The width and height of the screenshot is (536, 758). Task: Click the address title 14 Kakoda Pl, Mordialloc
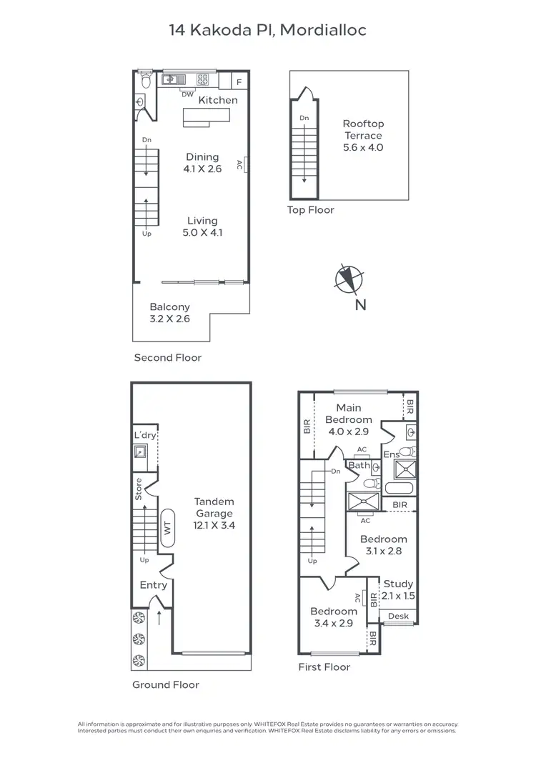tap(267, 30)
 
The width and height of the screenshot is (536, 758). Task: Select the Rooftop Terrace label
tap(363, 136)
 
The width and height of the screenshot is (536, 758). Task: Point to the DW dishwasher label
tap(187, 94)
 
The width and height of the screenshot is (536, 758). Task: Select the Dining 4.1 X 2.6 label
tap(202, 163)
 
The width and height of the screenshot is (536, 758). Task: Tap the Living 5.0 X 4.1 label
tap(202, 226)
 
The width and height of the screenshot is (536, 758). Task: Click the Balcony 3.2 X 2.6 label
tap(169, 313)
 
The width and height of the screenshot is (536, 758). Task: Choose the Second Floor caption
tap(168, 357)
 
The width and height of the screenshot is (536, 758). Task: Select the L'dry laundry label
tap(145, 436)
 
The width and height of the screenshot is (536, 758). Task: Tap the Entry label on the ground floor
tap(153, 585)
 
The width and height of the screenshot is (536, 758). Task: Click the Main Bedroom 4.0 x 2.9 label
tap(349, 420)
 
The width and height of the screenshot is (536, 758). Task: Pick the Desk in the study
tap(398, 616)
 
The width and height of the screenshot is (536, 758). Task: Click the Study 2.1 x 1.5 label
tap(398, 589)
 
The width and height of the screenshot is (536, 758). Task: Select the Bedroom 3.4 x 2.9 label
tap(333, 617)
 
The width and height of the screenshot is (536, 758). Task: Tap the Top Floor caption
tap(310, 210)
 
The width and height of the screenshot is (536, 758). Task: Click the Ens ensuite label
tap(390, 454)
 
